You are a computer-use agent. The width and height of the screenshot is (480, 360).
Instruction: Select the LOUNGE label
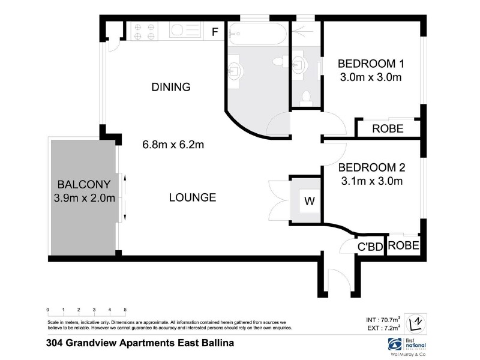pos(192,197)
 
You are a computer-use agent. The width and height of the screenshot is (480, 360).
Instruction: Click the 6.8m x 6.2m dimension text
pos(173,145)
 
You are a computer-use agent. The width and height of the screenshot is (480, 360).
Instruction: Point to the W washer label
pos(309,202)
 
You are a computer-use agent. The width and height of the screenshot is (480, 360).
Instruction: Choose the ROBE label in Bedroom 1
pos(388,128)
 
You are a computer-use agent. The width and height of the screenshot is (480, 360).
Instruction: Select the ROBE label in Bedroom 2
pos(403,245)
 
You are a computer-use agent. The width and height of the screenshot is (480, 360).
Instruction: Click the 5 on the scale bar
pos(125,310)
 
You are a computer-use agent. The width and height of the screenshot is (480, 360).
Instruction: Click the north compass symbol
pos(415,324)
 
